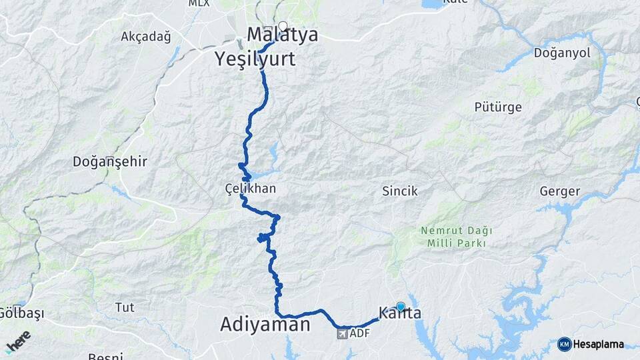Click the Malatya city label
click(x=282, y=35)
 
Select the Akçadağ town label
click(x=145, y=37)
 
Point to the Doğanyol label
click(x=562, y=53)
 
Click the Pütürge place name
click(x=497, y=107)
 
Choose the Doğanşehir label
click(x=109, y=161)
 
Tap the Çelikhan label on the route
click(x=250, y=189)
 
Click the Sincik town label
click(x=399, y=191)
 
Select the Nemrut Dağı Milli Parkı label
click(x=456, y=237)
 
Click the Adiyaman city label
click(x=265, y=325)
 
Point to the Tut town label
click(x=125, y=307)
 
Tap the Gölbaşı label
click(x=15, y=312)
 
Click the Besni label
click(x=105, y=356)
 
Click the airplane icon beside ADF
click(x=342, y=333)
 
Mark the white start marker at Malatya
click(x=283, y=27)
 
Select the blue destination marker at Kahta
click(x=401, y=307)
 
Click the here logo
click(x=18, y=340)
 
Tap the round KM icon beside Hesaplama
click(x=564, y=344)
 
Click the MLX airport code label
click(x=198, y=3)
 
